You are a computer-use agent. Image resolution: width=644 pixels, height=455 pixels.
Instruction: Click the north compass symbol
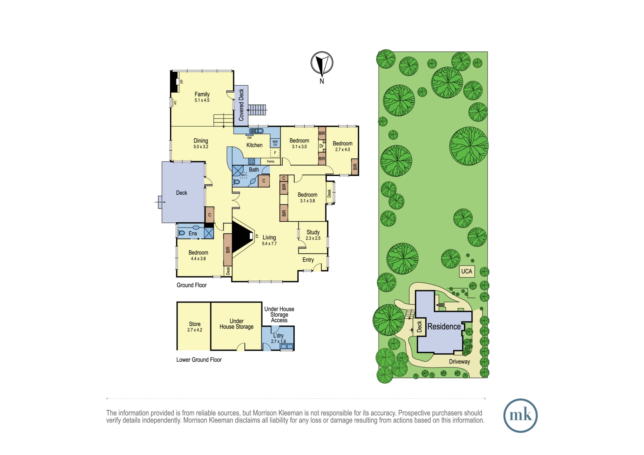point(322,63)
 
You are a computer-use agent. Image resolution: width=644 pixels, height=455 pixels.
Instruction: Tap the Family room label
point(202,94)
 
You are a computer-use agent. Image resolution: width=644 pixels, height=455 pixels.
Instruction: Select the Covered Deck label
point(241,105)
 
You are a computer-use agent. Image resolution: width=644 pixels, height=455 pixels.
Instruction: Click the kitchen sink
point(256,131)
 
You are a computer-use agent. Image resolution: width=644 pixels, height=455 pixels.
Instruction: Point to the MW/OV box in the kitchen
point(275,143)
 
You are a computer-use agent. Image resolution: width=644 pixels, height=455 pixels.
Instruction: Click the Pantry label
point(271,162)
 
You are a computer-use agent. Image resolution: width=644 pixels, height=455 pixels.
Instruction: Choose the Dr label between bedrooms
point(321,146)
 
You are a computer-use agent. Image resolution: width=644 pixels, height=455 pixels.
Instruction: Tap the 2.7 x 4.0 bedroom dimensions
point(342,150)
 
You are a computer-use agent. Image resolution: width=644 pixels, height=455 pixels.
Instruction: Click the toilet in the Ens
point(181,233)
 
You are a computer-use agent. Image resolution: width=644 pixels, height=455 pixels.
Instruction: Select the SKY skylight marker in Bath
point(243,175)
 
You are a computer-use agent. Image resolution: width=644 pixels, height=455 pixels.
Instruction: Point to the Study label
point(313,232)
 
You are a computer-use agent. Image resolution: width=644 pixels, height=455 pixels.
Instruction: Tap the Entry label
point(308,260)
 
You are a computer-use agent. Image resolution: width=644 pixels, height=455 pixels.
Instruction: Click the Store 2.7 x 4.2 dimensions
point(195,330)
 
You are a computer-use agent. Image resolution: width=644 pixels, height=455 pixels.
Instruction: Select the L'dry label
point(278,335)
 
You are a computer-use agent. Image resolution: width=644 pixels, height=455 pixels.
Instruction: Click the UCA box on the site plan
point(467,271)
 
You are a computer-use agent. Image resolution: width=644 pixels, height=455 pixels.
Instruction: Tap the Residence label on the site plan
point(444,327)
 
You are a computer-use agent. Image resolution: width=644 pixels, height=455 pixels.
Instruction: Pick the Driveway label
point(459,362)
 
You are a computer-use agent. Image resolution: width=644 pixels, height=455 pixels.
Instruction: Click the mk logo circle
point(520,415)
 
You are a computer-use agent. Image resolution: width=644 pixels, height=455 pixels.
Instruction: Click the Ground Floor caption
point(192,285)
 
